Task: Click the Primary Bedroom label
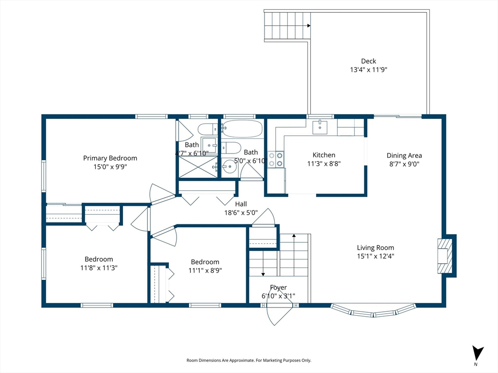tap(110, 158)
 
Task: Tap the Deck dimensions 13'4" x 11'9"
tap(369, 69)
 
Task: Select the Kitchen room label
tap(323, 155)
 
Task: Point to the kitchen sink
tap(320, 127)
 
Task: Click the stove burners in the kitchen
tap(276, 159)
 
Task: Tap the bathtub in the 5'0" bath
tap(242, 128)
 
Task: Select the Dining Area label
tap(404, 155)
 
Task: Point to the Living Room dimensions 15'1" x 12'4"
tap(375, 256)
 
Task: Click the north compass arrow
tap(477, 353)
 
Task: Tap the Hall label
tap(241, 204)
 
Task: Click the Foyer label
tap(278, 288)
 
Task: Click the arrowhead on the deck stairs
tap(309, 26)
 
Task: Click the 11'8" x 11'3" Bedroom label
tap(99, 259)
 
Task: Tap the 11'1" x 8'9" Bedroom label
tap(205, 262)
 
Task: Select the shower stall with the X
tap(198, 167)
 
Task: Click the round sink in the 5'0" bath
tap(229, 166)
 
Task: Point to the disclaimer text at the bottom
tap(249, 360)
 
